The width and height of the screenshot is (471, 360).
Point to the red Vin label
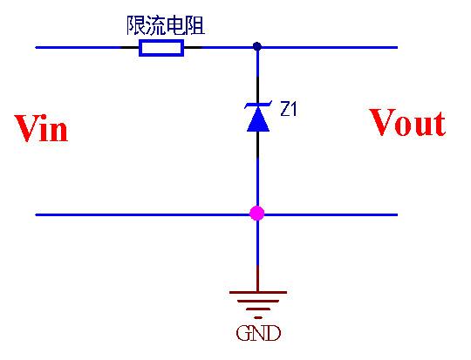coord(41,129)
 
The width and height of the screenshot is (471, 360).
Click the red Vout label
coord(407,123)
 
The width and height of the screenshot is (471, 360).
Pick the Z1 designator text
coord(289,110)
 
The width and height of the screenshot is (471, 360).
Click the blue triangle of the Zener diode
coord(257,121)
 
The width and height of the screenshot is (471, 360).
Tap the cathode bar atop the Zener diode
coord(257,106)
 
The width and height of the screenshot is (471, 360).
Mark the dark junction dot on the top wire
coord(257,46)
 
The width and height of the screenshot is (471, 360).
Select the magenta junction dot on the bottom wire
coord(257,213)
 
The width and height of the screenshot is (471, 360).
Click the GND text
coord(258,333)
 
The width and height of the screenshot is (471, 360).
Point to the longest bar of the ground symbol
coord(257,294)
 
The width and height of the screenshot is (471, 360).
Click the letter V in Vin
coord(26,129)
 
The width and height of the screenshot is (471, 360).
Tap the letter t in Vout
coord(438,125)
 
